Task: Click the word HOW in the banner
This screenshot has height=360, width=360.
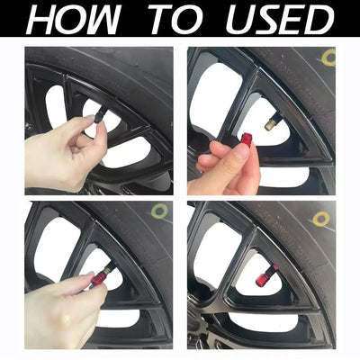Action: tap(74, 20)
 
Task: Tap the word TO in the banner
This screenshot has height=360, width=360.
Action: tap(178, 20)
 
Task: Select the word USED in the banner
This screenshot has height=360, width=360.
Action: tap(280, 20)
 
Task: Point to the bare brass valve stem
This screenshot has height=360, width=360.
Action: tap(271, 124)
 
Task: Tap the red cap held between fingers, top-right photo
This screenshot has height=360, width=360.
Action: tap(247, 139)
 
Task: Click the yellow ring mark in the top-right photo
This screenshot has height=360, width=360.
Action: tap(328, 58)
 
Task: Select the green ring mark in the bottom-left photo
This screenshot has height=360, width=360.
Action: tap(159, 211)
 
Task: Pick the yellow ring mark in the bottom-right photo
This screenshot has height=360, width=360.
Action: tap(321, 219)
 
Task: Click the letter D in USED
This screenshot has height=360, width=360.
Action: tap(319, 20)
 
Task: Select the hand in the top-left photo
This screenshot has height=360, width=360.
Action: tap(65, 150)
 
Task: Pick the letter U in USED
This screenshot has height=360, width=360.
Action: tap(240, 20)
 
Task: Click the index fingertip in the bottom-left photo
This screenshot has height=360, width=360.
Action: tap(89, 276)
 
